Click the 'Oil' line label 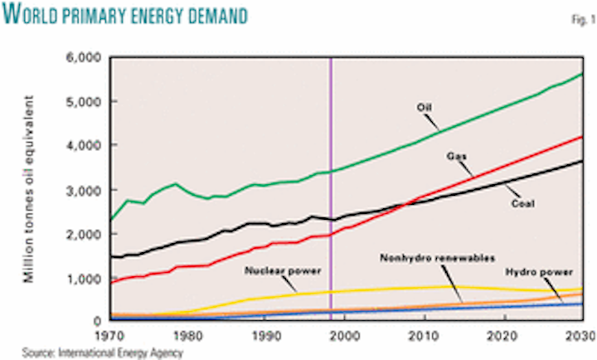click(x=425, y=106)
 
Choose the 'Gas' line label click(x=455, y=156)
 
